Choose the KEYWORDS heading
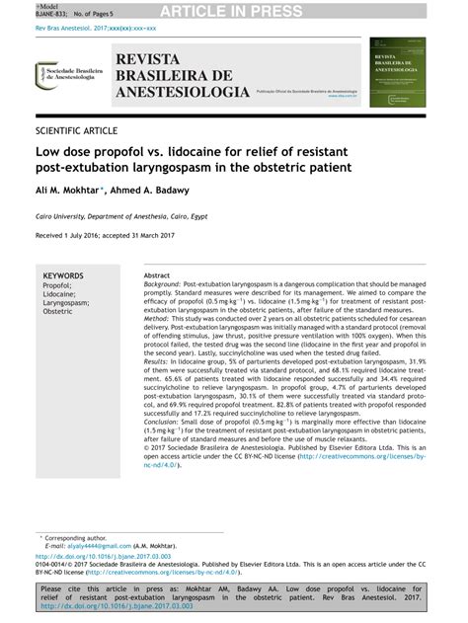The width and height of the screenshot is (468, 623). (62, 275)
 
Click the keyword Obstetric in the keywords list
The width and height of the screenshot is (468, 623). (57, 311)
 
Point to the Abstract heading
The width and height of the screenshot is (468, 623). (157, 275)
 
